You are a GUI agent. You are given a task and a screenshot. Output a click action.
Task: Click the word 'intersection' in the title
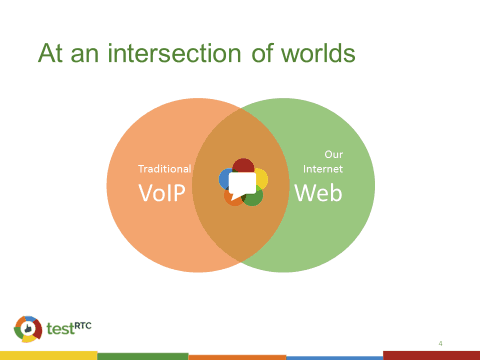(174, 53)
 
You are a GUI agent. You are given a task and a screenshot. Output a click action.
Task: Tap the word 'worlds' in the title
(318, 53)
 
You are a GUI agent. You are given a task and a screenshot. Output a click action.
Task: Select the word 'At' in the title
(50, 53)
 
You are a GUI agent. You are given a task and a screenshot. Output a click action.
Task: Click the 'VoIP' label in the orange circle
(162, 193)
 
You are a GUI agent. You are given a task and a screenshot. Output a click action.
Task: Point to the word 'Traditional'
(165, 169)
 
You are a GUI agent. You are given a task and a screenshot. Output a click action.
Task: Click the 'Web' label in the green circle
(318, 193)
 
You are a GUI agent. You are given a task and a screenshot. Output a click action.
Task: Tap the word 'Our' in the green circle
(334, 154)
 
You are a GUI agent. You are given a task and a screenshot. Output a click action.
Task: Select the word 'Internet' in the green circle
(323, 169)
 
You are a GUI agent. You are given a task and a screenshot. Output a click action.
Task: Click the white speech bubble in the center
(242, 185)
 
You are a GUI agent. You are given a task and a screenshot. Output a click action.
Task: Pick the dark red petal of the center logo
(243, 165)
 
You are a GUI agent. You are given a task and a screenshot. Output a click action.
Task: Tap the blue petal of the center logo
(223, 179)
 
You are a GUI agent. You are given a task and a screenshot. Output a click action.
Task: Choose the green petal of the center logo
(255, 198)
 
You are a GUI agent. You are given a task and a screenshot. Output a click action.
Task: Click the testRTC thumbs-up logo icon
(28, 329)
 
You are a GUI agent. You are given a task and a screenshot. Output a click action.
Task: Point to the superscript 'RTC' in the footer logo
(83, 325)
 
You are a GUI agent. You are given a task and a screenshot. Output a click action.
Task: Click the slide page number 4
(440, 343)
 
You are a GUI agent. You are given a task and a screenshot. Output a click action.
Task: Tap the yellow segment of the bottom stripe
(49, 355)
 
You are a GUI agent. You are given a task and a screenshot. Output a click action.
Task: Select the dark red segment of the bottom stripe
(432, 355)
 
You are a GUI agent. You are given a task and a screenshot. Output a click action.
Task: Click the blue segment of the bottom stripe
(335, 358)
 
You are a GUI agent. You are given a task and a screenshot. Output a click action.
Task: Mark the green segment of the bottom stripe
(143, 356)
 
